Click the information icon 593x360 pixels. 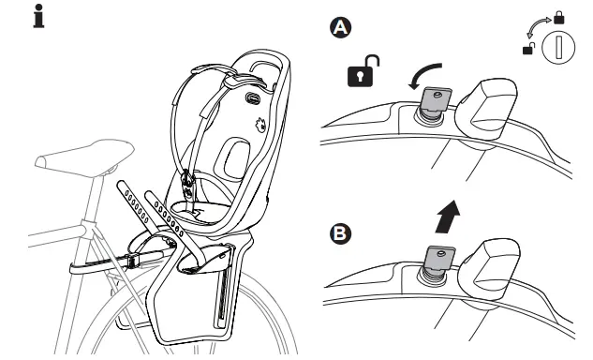(38, 16)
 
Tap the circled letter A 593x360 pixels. (341, 28)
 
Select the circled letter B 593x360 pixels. (340, 233)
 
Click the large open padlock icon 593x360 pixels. (363, 71)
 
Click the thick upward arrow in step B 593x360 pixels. (448, 217)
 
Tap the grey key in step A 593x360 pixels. (436, 99)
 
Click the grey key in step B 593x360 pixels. (440, 258)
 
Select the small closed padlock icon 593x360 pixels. (559, 18)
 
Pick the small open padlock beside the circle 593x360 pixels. (529, 48)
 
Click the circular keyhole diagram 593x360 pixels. (558, 48)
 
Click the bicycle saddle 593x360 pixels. (84, 157)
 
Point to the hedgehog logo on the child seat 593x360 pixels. (260, 125)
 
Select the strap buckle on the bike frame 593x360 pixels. (132, 261)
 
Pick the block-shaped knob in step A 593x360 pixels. (487, 108)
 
